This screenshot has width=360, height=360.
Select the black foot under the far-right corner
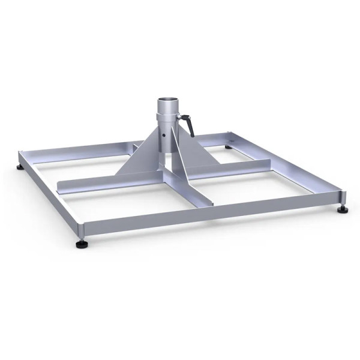click(x=343, y=210)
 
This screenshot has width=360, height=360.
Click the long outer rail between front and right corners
click(x=216, y=213)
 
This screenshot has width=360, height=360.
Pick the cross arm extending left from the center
click(x=90, y=184)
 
